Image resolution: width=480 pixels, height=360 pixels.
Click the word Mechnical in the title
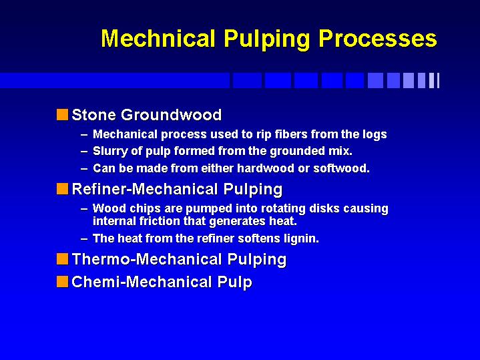coord(158,38)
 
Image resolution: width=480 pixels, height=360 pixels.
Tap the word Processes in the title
coord(378,39)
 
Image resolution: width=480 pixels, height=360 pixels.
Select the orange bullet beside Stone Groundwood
coord(63,115)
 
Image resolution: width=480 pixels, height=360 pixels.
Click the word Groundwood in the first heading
coord(171,115)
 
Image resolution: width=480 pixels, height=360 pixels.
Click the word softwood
coord(341,168)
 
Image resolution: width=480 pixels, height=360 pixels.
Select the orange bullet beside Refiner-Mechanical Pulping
coord(63,188)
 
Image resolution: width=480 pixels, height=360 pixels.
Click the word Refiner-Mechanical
coord(144,189)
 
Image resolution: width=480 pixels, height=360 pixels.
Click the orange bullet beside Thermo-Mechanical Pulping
coord(63,259)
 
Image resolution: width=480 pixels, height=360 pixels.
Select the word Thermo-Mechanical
coord(147,259)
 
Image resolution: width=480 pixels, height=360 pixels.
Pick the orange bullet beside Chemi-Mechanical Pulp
coord(63,282)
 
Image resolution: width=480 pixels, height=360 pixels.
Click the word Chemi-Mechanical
coord(142,282)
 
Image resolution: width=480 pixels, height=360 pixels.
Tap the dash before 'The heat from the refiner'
coord(84,239)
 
